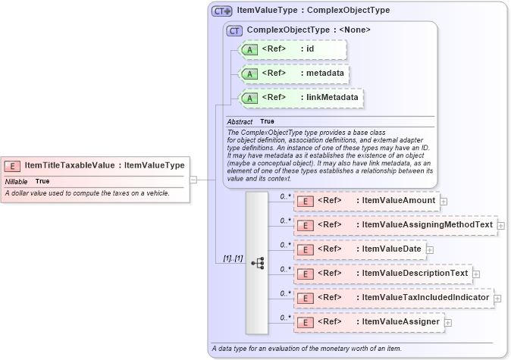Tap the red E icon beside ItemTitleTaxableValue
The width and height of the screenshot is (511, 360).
(13, 165)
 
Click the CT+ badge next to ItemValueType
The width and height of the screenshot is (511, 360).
(221, 11)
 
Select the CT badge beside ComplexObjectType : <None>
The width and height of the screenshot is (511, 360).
(234, 30)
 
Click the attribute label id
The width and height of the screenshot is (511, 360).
(310, 49)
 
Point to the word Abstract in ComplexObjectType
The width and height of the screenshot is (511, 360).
(240, 121)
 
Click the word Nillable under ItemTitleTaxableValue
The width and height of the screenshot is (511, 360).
(16, 182)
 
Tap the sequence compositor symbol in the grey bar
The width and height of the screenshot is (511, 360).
(257, 263)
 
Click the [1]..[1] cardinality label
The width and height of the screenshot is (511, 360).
(233, 259)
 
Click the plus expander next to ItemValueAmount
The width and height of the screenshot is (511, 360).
(444, 202)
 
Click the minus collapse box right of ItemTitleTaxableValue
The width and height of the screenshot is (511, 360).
(193, 180)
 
